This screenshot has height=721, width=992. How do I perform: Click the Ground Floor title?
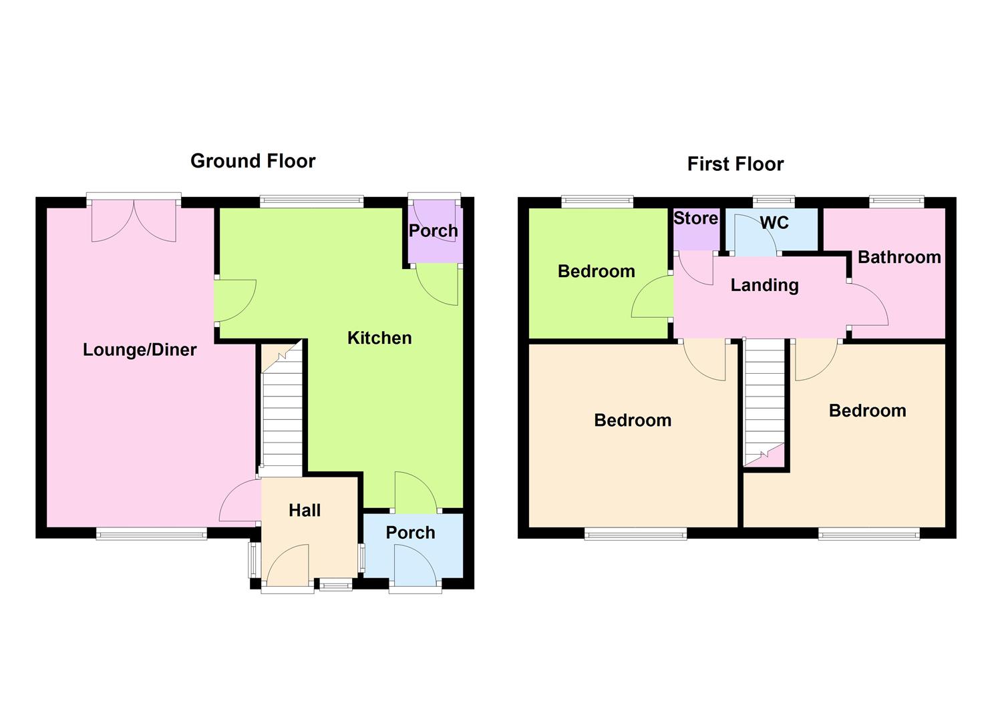[x=253, y=161]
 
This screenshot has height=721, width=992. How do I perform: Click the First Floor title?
[x=735, y=164]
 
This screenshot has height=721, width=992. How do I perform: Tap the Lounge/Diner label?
[x=140, y=350]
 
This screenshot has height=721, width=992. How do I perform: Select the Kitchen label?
[x=379, y=338]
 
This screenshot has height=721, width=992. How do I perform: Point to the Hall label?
[x=305, y=511]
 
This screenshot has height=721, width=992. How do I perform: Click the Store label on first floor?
[x=695, y=218]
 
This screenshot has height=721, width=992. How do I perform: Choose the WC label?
[x=774, y=222]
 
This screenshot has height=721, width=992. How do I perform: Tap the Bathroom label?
[x=899, y=257]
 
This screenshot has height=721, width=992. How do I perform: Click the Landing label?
[x=764, y=286]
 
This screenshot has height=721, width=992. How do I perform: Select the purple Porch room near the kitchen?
[x=434, y=231]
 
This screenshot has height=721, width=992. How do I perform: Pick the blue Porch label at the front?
[x=410, y=533]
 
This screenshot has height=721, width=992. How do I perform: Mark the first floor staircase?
[x=764, y=401]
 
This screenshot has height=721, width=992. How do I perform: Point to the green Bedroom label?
[x=596, y=271]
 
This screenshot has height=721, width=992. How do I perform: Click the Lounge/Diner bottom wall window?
[x=152, y=533]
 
